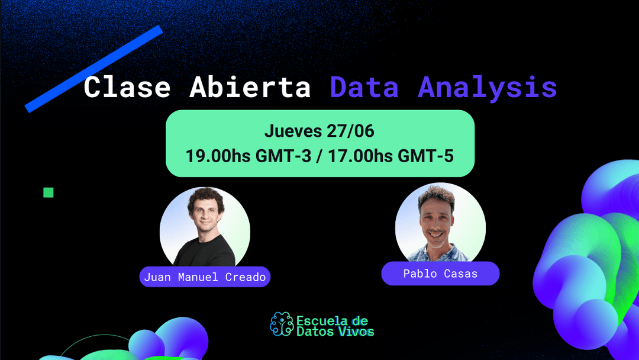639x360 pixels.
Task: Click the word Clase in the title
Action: (x=127, y=88)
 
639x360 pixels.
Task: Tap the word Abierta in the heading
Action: (x=250, y=88)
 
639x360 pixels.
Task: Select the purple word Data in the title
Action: (x=364, y=88)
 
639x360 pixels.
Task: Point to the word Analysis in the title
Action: (x=488, y=88)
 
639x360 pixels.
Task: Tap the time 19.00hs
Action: (x=218, y=156)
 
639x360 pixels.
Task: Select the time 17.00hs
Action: (x=359, y=156)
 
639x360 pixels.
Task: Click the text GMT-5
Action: (x=426, y=156)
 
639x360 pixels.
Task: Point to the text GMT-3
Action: (x=285, y=156)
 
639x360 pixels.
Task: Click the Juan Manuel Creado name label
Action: (x=205, y=277)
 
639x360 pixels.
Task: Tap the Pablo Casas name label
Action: (x=440, y=274)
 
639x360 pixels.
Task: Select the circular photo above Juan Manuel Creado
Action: (x=205, y=228)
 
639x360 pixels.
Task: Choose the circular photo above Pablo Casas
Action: (x=440, y=224)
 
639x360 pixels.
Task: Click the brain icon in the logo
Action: (x=282, y=324)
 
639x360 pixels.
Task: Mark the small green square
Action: (x=49, y=192)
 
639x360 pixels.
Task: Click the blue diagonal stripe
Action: (x=93, y=68)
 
